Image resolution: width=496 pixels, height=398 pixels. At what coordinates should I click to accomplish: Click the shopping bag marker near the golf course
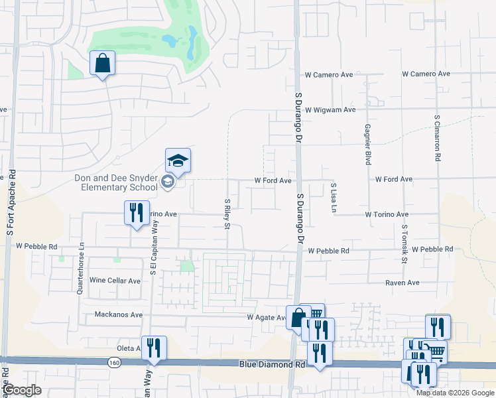[x=102, y=64]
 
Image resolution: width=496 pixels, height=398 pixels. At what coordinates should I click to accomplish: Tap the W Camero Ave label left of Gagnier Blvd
[x=328, y=75]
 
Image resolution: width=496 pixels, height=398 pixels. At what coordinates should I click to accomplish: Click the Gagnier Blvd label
[x=367, y=143]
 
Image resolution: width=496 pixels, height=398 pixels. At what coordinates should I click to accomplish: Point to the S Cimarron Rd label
[x=438, y=139]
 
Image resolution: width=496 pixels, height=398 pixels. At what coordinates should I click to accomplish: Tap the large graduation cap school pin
[x=178, y=161]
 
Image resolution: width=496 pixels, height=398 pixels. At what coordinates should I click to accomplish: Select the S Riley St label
[x=227, y=214]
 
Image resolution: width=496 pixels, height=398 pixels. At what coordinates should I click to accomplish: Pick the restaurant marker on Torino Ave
[x=137, y=213]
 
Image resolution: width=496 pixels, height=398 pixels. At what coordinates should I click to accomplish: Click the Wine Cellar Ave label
[x=115, y=281]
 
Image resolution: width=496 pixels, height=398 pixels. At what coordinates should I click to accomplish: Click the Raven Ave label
[x=403, y=283]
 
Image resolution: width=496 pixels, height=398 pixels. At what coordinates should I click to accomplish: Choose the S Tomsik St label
[x=404, y=242]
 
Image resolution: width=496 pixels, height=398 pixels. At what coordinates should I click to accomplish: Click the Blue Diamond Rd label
[x=272, y=364]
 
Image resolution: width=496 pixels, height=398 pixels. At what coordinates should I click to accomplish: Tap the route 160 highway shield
[x=113, y=362]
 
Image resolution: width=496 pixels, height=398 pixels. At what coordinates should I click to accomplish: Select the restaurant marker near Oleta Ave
[x=154, y=348]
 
